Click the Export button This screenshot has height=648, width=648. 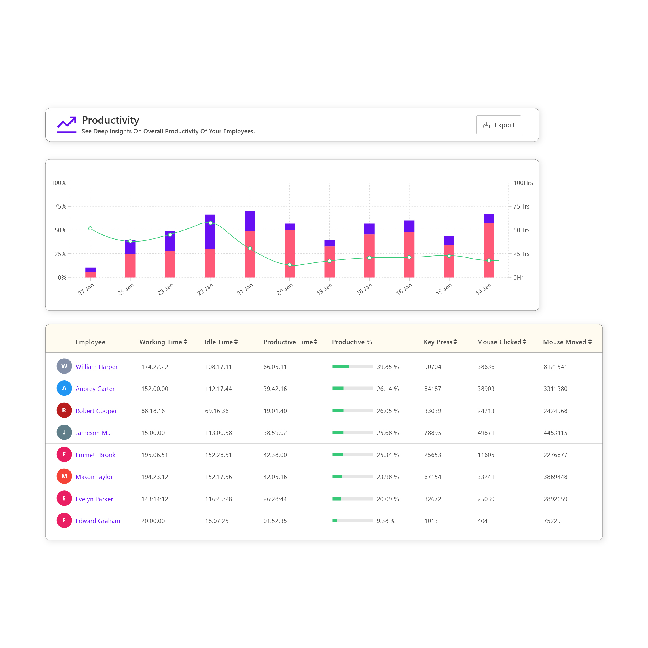pos(499,125)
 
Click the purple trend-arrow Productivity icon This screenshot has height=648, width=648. pos(67,124)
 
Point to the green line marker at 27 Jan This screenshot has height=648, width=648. pos(90,228)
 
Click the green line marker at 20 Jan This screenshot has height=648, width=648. pos(290,265)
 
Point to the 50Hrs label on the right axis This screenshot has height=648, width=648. pos(521,230)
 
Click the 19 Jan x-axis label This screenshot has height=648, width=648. pos(324,289)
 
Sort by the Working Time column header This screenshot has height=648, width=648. pos(163,342)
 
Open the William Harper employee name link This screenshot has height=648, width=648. pos(96,367)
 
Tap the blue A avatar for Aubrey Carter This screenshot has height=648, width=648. pos(64,389)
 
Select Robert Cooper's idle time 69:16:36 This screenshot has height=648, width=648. pos(217,411)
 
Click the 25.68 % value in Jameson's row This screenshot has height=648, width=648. pos(387,433)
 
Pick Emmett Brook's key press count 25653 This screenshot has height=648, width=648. pos(432,455)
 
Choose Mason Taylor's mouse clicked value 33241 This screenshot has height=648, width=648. pos(486,477)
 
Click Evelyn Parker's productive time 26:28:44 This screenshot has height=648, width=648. pos(275,499)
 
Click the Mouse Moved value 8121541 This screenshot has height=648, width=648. pos(555,367)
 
